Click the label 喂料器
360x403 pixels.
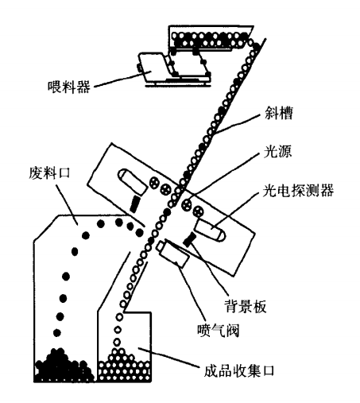tap(69, 87)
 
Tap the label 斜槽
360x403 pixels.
tap(279, 113)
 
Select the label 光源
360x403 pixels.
tap(277, 152)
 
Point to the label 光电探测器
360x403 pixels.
tap(298, 191)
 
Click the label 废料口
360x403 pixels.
tap(49, 172)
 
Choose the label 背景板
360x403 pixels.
tap(246, 306)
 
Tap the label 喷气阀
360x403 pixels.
tap(218, 330)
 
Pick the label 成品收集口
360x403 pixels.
tap(238, 370)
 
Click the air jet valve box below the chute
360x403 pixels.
tap(172, 254)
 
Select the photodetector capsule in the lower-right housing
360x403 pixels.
tap(210, 231)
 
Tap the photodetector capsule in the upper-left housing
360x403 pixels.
tap(132, 181)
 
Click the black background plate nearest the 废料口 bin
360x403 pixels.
tap(134, 203)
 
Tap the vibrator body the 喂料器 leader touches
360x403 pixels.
tap(153, 67)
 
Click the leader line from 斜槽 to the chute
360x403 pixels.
tap(237, 124)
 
